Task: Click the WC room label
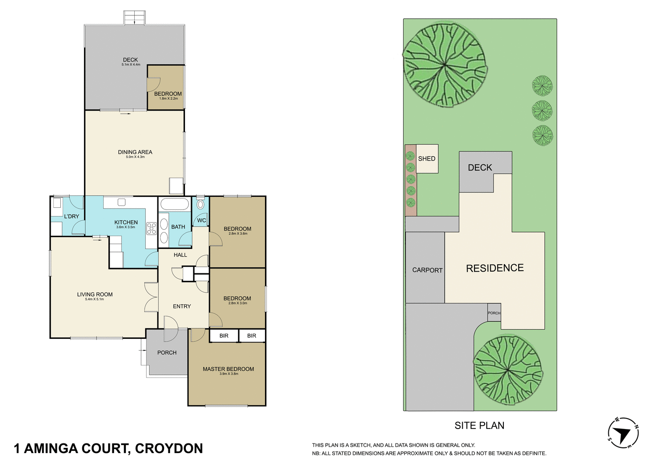[x=201, y=220]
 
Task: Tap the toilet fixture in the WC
[x=200, y=204]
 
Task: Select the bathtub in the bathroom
[x=174, y=204]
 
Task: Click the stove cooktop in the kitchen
[x=151, y=228]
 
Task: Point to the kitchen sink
[x=122, y=202]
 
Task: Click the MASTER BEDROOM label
[x=228, y=369]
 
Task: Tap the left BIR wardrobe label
[x=224, y=336]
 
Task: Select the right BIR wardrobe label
[x=251, y=336]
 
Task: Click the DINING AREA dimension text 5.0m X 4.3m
[x=135, y=157]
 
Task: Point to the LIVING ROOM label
[x=95, y=294]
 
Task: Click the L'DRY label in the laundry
[x=72, y=216]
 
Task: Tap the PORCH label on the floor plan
[x=167, y=352]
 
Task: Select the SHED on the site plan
[x=427, y=159]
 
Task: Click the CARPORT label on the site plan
[x=427, y=270]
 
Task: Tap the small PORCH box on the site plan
[x=494, y=313]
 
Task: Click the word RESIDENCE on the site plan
[x=495, y=268]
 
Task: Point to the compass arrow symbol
[x=623, y=433]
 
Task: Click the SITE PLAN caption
[x=479, y=426]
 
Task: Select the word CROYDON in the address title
[x=169, y=449]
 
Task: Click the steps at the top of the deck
[x=134, y=18]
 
